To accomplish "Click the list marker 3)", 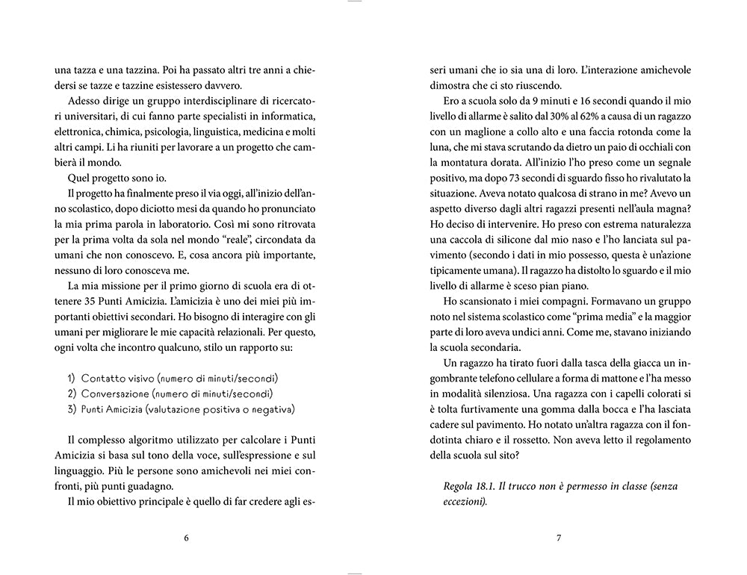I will coord(72,409).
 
